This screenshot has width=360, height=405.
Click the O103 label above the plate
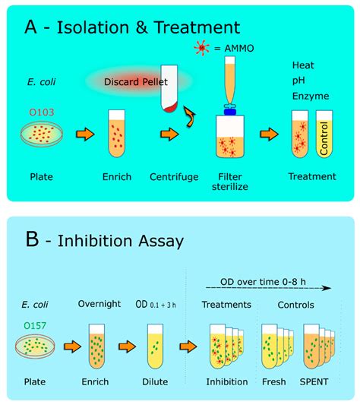pyautogui.click(x=42, y=112)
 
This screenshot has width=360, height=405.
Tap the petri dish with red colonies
pyautogui.click(x=42, y=134)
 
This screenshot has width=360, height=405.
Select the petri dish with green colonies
pyautogui.click(x=35, y=346)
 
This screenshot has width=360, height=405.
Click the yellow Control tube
pyautogui.click(x=324, y=134)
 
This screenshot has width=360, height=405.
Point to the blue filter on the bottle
pyautogui.click(x=230, y=112)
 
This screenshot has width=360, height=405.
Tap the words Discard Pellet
pyautogui.click(x=136, y=82)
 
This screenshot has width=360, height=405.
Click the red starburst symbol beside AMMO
pyautogui.click(x=202, y=48)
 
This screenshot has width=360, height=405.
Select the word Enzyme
pyautogui.click(x=311, y=96)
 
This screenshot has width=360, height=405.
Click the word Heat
pyautogui.click(x=303, y=65)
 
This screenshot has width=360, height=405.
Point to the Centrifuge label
pyautogui.click(x=174, y=177)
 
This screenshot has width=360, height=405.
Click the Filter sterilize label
pyautogui.click(x=230, y=182)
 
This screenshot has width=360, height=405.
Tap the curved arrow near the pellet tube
pyautogui.click(x=190, y=117)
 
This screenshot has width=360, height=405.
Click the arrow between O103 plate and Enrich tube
pyautogui.click(x=85, y=134)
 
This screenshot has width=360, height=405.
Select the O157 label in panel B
pyautogui.click(x=35, y=325)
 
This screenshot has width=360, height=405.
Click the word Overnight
pyautogui.click(x=99, y=304)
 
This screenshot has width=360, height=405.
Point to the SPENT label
pyautogui.click(x=314, y=381)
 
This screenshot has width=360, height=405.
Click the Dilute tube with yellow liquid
pyautogui.click(x=155, y=346)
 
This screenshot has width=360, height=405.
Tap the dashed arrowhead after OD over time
pyautogui.click(x=327, y=288)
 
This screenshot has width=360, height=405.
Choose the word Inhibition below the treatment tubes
pyautogui.click(x=227, y=381)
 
